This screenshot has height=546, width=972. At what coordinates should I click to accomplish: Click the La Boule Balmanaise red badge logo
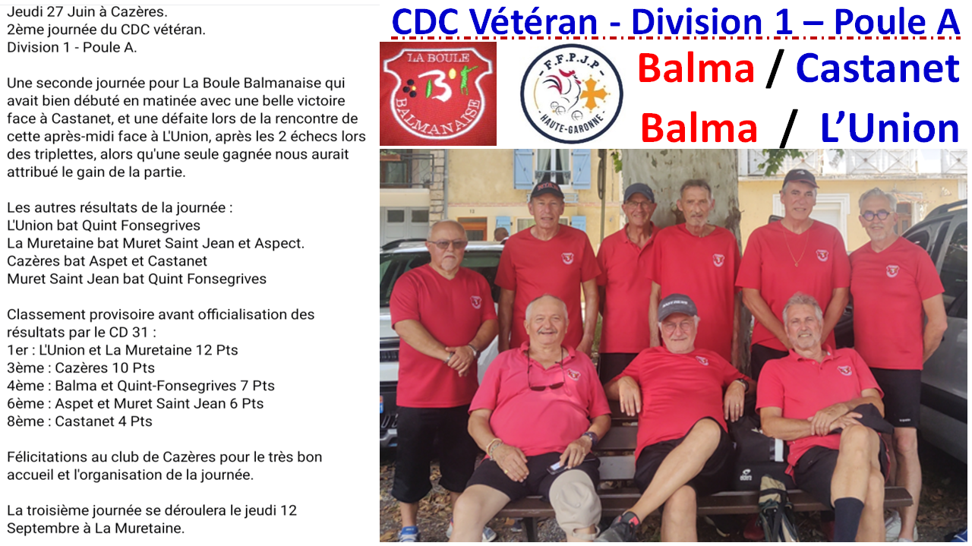[x=438, y=93]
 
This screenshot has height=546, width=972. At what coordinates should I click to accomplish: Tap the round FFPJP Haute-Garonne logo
[x=572, y=93]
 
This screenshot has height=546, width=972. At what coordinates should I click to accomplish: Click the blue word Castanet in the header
[x=878, y=68]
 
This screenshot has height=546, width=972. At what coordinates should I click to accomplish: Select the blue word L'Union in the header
[x=890, y=128]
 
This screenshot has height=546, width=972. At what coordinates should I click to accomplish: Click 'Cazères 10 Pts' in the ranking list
[x=105, y=368]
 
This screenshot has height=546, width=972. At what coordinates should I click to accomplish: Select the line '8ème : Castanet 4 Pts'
[x=80, y=421]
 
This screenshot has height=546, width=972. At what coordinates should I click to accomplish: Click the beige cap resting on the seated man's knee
[x=575, y=503]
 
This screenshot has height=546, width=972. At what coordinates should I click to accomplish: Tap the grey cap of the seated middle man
[x=677, y=306]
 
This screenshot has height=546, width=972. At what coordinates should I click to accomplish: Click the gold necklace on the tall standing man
[x=795, y=245]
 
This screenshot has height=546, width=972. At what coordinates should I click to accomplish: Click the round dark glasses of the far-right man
[x=876, y=216]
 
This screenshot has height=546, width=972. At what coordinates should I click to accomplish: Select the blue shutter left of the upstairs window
[x=524, y=169]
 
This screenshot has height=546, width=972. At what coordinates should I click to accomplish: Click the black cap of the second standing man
[x=546, y=190]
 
